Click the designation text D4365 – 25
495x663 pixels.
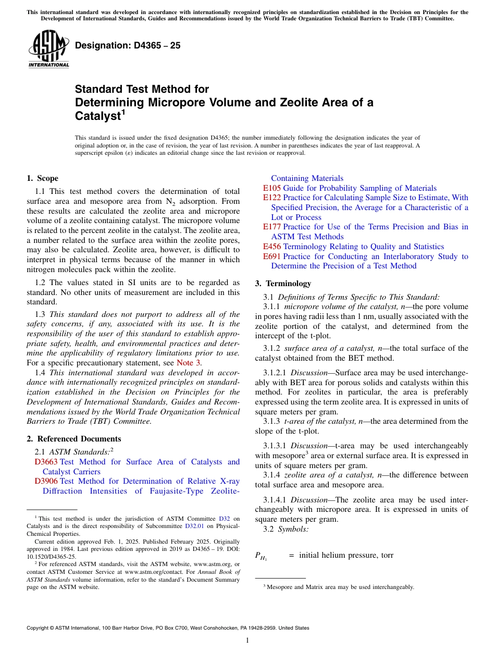pyautogui.click(x=128, y=45)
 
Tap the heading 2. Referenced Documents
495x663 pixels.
pyautogui.click(x=74, y=439)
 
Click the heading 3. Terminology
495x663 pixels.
pyautogui.click(x=283, y=284)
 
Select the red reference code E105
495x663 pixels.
pyautogui.click(x=272, y=188)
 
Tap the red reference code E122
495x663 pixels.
pyautogui.click(x=272, y=198)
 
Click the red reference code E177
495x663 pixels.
pyautogui.click(x=272, y=227)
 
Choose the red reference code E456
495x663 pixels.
pyautogui.click(x=272, y=247)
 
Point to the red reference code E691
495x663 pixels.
pyautogui.click(x=272, y=256)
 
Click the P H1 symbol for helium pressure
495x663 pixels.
pyautogui.click(x=261, y=556)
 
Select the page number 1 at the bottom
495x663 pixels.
pyautogui.click(x=247, y=641)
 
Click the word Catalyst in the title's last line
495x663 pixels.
pyautogui.click(x=97, y=116)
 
